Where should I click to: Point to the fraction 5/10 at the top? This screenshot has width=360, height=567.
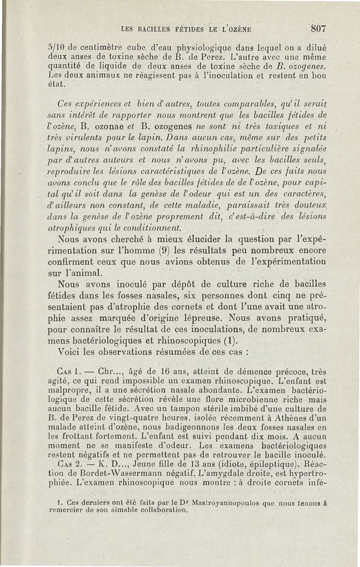point(56,45)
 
